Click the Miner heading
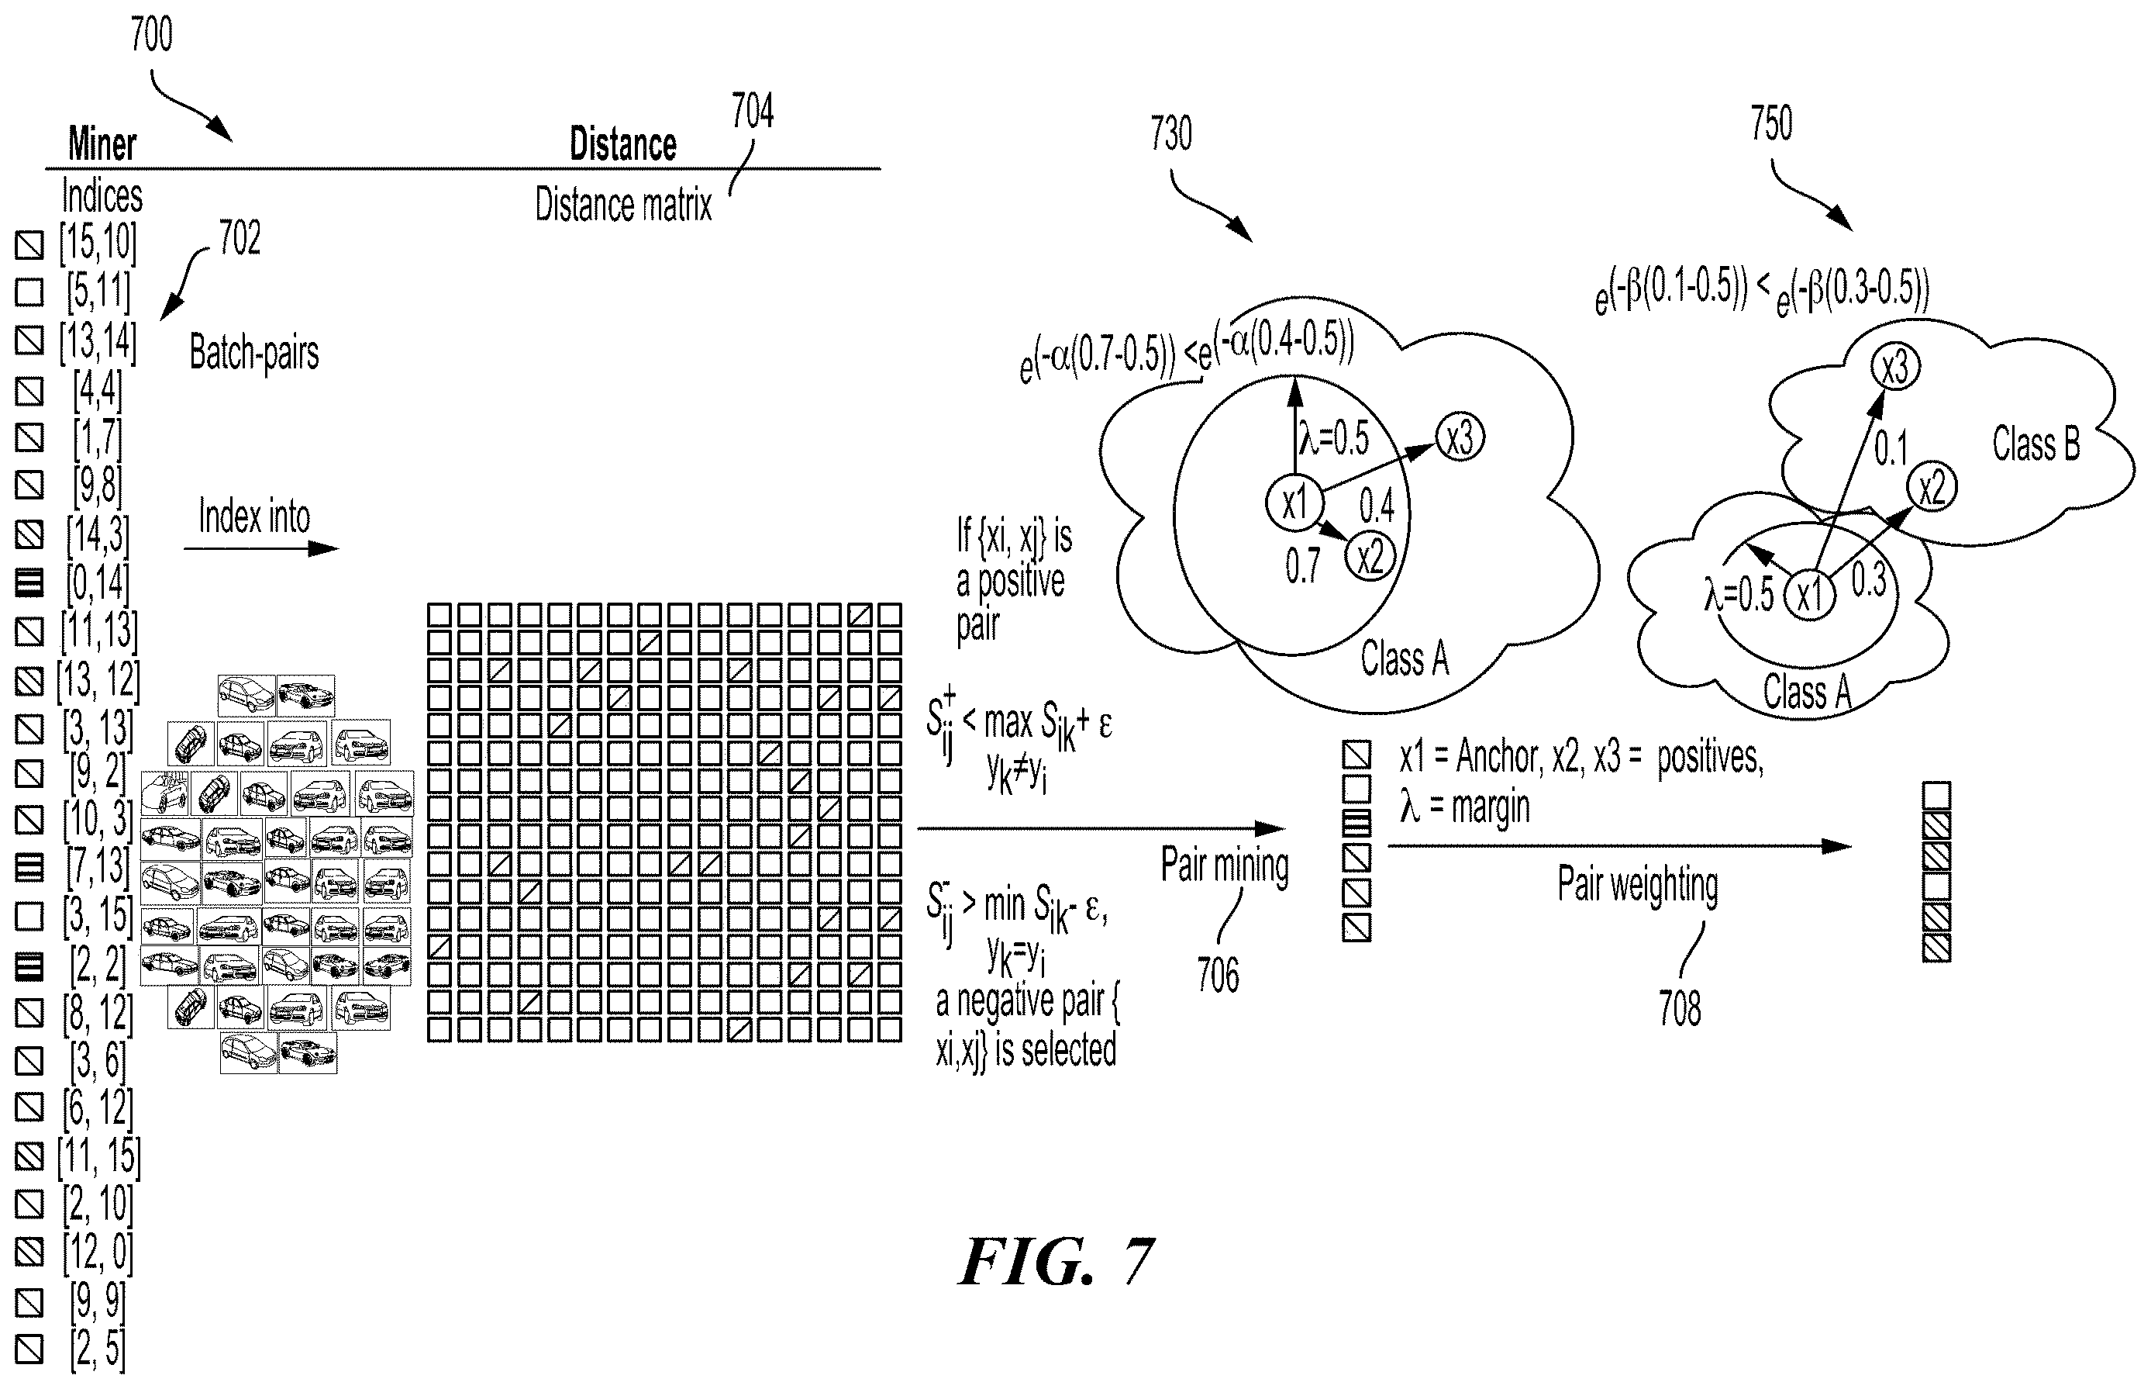(x=102, y=144)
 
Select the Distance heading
(x=623, y=144)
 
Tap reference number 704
(x=752, y=112)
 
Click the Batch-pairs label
(x=254, y=353)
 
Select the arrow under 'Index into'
(x=261, y=548)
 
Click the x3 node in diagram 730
(x=1460, y=438)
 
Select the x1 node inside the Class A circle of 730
(x=1294, y=503)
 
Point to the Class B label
(x=2036, y=444)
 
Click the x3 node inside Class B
(x=1895, y=367)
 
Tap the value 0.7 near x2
(x=1303, y=566)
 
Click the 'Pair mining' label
(x=1224, y=865)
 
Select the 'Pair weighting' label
(x=1637, y=885)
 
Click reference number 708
(x=1680, y=1008)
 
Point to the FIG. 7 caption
(x=1056, y=1262)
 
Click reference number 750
(x=1771, y=123)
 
